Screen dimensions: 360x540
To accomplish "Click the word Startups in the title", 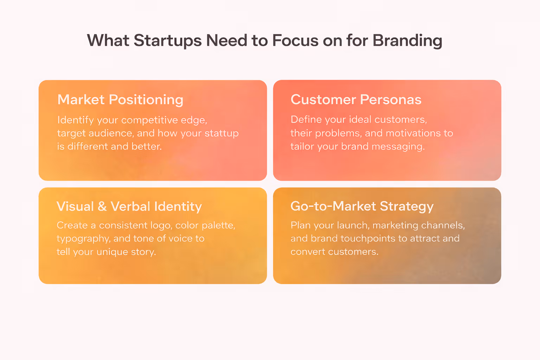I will click(168, 41).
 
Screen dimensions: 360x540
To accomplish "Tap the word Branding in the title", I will click(407, 41).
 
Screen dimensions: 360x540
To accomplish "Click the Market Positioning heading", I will click(120, 100).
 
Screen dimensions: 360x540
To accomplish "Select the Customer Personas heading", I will click(356, 100).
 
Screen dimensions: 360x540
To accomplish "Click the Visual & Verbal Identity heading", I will click(129, 206).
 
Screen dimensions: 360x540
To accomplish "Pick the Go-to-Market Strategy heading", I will click(362, 206).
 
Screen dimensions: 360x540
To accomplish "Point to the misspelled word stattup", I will click(221, 133).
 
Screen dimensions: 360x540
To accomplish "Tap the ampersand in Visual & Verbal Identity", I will click(102, 206).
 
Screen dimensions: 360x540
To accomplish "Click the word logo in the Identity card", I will click(161, 226).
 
